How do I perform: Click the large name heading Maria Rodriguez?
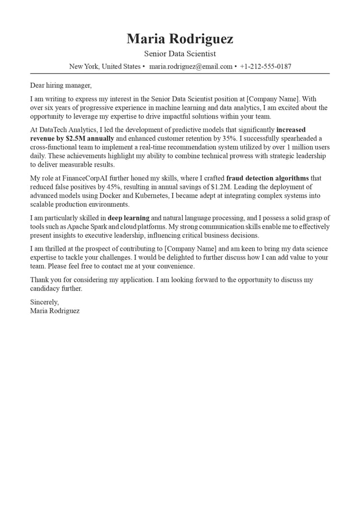click(180, 38)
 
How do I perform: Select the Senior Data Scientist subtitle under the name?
click(180, 54)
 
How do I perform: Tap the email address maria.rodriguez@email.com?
click(191, 67)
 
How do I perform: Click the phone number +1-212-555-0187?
click(265, 67)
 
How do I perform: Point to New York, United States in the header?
click(105, 67)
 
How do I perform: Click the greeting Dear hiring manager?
click(60, 85)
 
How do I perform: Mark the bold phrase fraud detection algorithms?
click(267, 178)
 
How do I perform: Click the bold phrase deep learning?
click(128, 218)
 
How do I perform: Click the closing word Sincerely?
click(44, 302)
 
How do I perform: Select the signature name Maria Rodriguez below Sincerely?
click(55, 311)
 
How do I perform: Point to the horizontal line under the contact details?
click(180, 73)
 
